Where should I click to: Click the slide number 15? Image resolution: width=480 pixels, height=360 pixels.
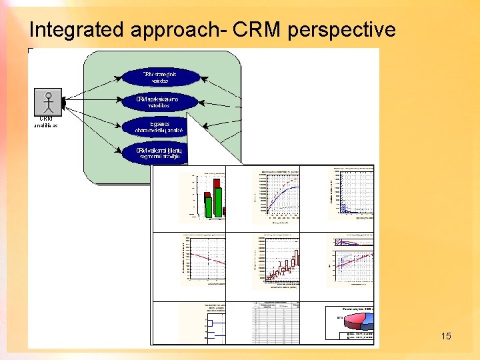pyautogui.click(x=446, y=336)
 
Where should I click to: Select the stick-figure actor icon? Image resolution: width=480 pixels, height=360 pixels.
pyautogui.click(x=48, y=102)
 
